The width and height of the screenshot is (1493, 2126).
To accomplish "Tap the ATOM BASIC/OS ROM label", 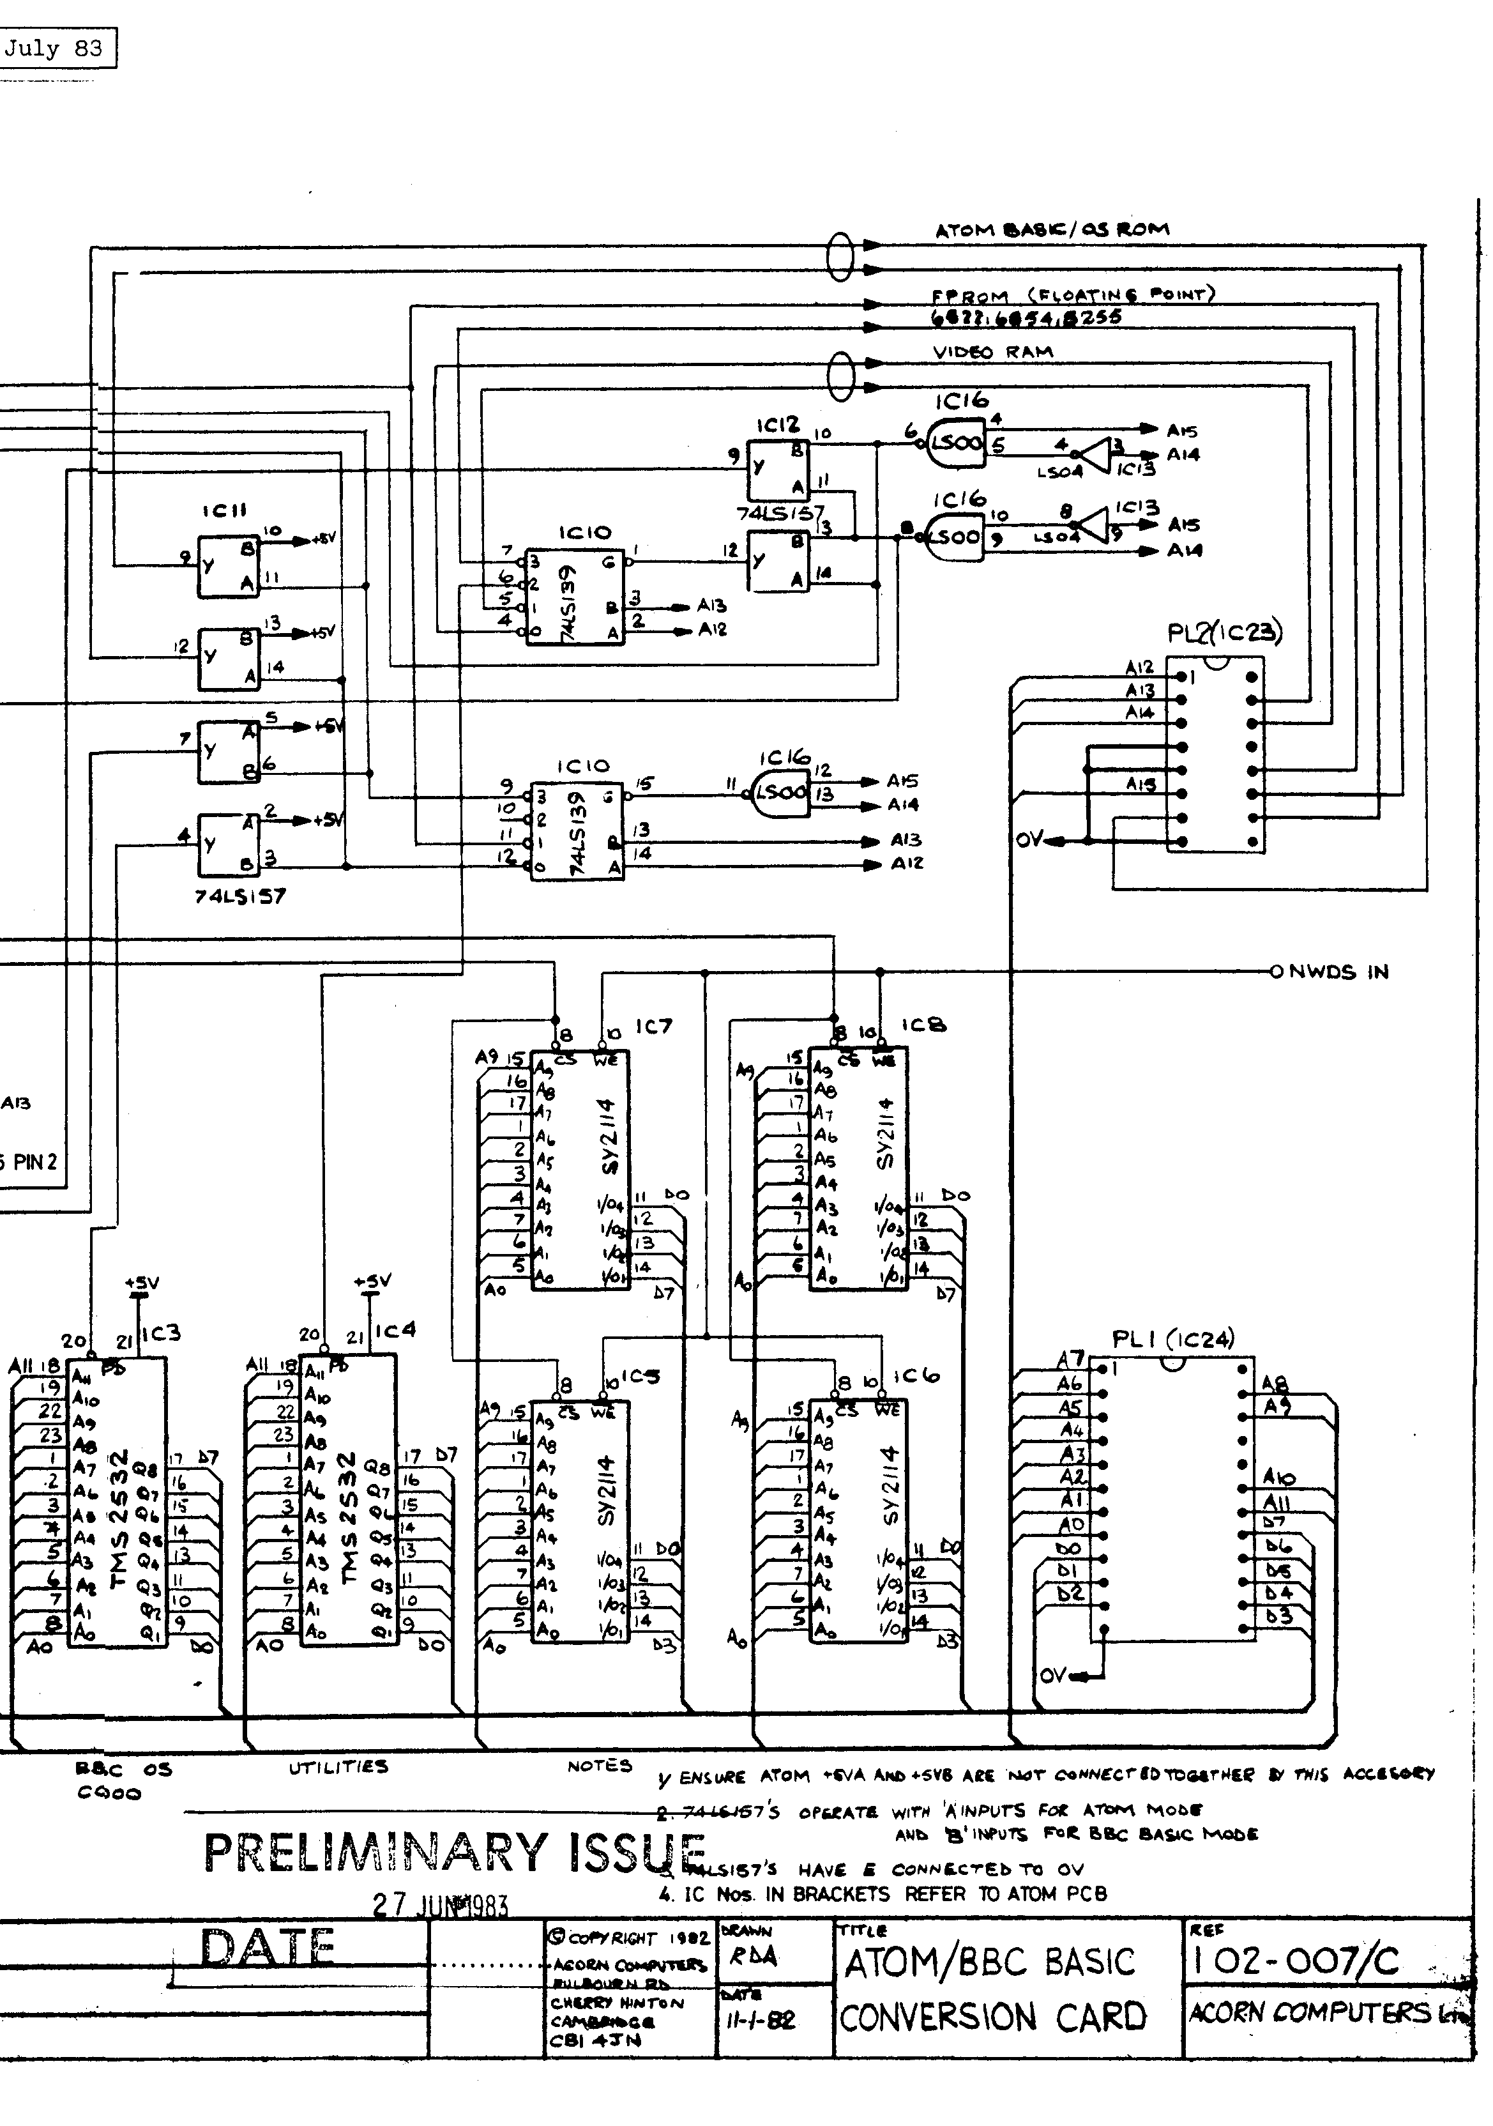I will tap(1052, 229).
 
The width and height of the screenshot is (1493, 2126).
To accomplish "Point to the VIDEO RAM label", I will tap(992, 352).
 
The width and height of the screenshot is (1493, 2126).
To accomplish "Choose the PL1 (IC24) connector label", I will tap(1172, 1339).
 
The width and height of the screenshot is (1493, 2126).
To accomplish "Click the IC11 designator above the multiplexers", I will tap(223, 510).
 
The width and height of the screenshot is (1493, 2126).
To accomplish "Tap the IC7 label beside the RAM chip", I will tap(653, 1026).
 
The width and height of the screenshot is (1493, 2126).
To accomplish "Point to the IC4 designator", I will tap(395, 1331).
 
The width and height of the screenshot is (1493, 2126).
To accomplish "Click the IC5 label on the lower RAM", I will tap(640, 1377).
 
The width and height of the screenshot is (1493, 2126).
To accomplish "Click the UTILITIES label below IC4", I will tap(338, 1767).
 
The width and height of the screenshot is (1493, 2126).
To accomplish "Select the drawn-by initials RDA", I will tap(752, 1957).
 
